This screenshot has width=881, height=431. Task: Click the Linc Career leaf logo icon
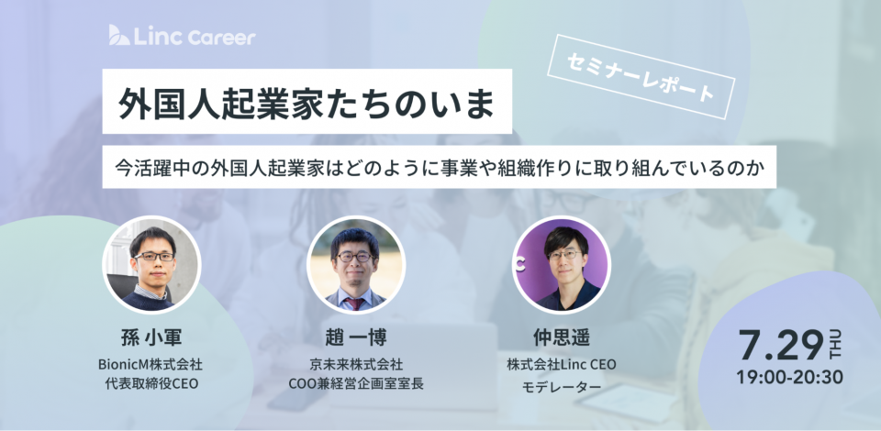119,35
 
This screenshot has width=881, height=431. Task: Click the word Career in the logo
221,38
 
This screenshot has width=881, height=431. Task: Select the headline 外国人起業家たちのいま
307,102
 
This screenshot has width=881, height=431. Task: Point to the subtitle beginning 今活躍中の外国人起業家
439,167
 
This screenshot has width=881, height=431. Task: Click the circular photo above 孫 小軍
151,264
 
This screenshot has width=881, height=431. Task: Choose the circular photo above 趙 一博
356,264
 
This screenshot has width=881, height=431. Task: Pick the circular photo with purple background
561,264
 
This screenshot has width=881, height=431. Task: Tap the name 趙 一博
356,337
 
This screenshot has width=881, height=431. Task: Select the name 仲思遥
561,337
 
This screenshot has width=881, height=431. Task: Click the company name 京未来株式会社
356,365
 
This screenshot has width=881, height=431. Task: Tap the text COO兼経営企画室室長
356,384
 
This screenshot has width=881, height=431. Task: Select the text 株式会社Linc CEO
562,365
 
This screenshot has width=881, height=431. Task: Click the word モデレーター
561,387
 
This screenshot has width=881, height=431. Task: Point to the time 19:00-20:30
789,377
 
